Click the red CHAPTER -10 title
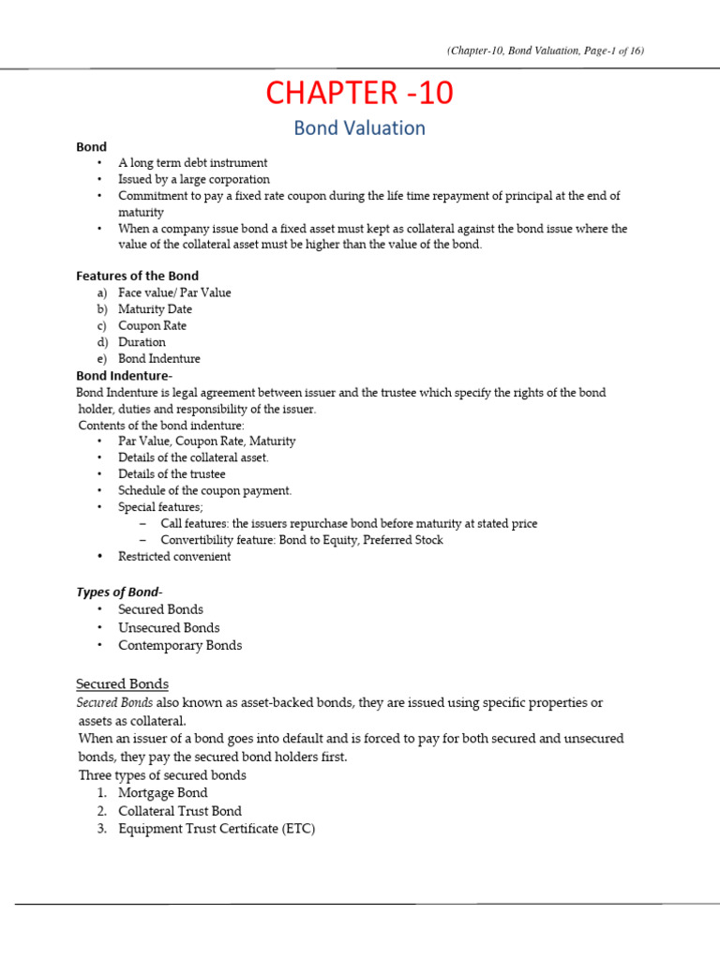pos(360,93)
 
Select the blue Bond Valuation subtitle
pos(359,128)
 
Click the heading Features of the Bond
pos(137,275)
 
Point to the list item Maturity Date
pos(155,308)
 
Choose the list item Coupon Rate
pos(152,325)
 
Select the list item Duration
pos(142,342)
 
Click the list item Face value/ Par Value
pos(174,292)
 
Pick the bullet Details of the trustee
pos(172,474)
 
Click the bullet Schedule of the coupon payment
pos(204,490)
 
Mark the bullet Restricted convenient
pos(174,556)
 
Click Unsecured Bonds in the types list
pos(169,627)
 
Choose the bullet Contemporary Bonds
pos(180,645)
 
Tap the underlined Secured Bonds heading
pos(122,683)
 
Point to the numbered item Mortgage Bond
pos(163,793)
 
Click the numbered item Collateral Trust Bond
pos(180,811)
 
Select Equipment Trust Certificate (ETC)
pos(217,829)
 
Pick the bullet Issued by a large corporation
pos(194,179)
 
